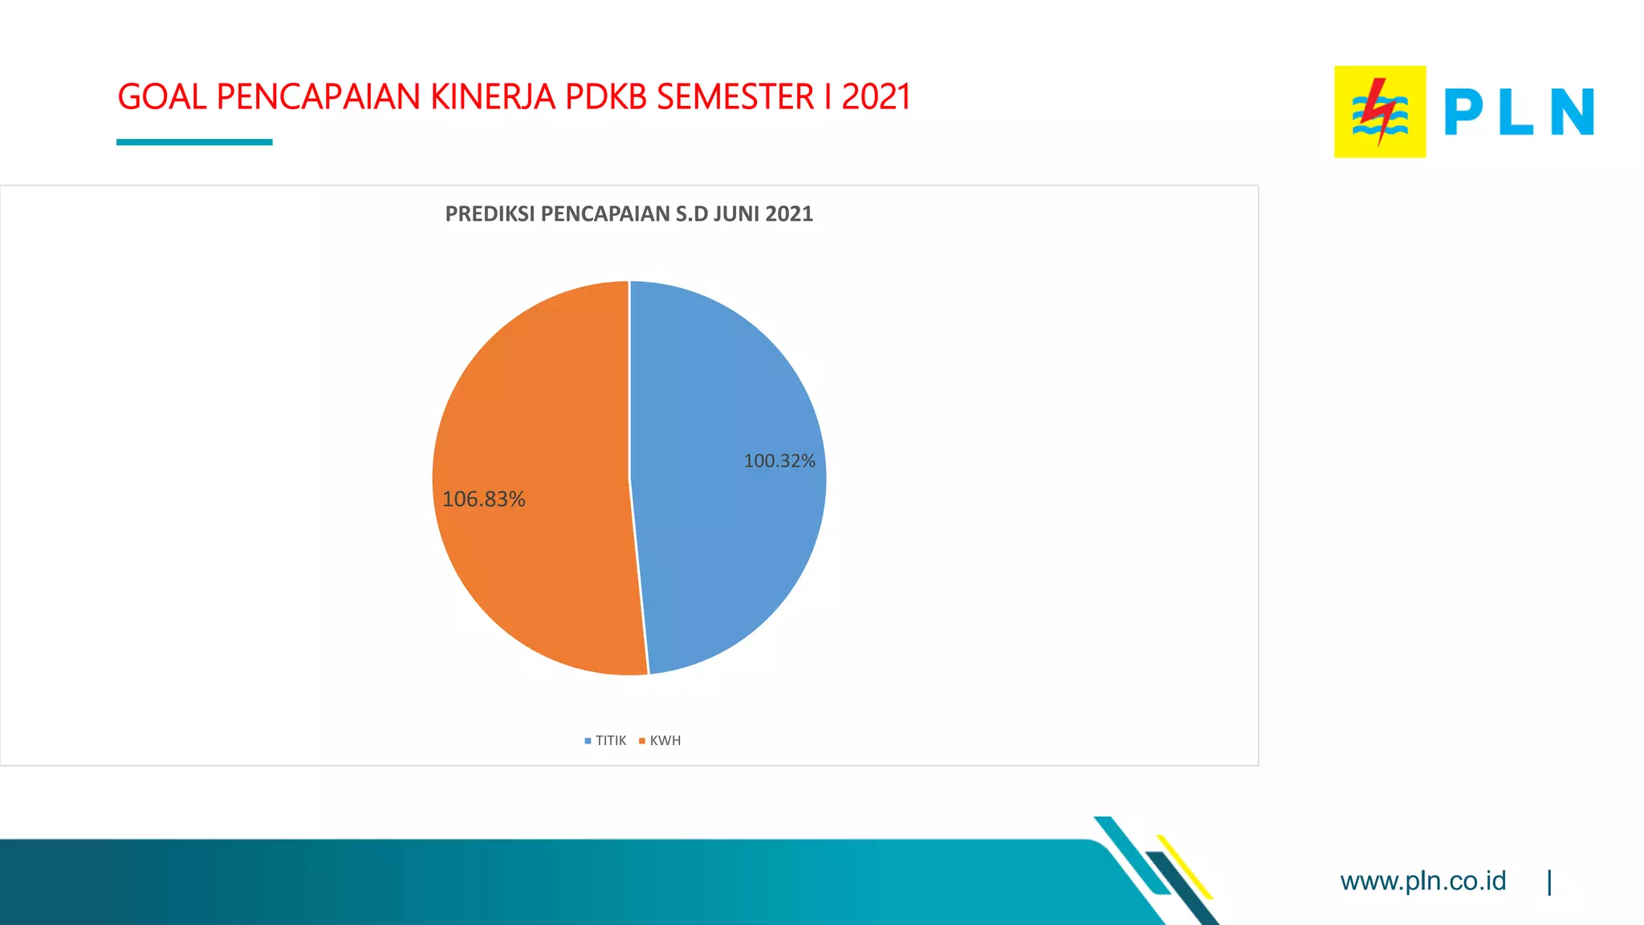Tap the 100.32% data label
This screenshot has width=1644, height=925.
(779, 461)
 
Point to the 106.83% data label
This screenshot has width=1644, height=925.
(483, 499)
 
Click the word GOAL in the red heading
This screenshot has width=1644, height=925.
(162, 97)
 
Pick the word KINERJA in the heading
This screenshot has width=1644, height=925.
(493, 97)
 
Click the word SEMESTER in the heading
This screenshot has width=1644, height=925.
(735, 97)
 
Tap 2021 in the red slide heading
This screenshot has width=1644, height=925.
(876, 97)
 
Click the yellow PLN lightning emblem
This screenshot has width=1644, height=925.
(1380, 112)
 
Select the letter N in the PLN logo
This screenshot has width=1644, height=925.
(1572, 112)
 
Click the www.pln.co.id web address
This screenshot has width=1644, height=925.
(1422, 881)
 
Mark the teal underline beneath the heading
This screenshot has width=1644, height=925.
(194, 142)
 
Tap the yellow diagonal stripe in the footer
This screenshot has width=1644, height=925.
(1185, 867)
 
